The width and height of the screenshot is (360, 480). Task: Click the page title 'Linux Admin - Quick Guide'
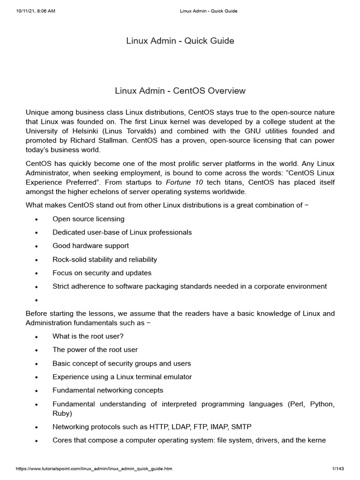point(180,41)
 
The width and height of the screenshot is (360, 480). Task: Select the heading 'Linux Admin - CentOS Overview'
point(180,90)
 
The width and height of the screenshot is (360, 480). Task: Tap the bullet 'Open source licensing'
point(88,219)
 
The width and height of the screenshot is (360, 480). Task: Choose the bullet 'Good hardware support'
point(90,246)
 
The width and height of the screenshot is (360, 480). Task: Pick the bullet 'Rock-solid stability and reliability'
point(105,259)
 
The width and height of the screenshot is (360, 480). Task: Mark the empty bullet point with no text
point(37,300)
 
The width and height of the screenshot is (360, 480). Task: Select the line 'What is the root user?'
point(88,336)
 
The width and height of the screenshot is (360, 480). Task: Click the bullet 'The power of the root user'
point(95,350)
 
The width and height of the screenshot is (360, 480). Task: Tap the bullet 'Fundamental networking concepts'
point(108,390)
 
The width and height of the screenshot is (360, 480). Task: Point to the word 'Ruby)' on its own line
point(62,414)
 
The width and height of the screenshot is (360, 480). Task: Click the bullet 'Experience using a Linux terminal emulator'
point(122,377)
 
